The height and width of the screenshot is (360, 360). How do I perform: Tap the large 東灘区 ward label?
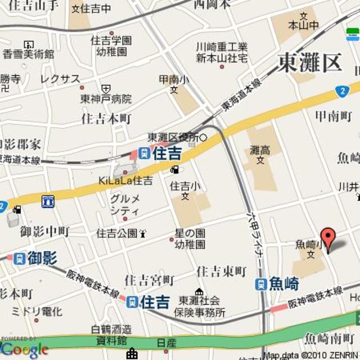[x=309, y=62]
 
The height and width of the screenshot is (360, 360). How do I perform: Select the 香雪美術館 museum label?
[x=29, y=55]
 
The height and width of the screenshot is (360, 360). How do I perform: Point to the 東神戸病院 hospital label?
[x=106, y=98]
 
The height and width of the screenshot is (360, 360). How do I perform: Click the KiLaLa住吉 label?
[x=125, y=181]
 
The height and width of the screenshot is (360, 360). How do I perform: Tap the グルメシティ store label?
[x=125, y=205]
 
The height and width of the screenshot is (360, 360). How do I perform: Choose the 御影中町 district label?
[x=44, y=231]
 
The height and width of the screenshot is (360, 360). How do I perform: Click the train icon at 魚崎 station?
[x=260, y=284]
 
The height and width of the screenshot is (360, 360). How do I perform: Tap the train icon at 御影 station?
[x=20, y=259]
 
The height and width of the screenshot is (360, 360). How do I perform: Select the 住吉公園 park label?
[x=117, y=233]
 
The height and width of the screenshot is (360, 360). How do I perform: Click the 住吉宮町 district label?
[x=150, y=280]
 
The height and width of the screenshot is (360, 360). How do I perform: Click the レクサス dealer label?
[x=60, y=79]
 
